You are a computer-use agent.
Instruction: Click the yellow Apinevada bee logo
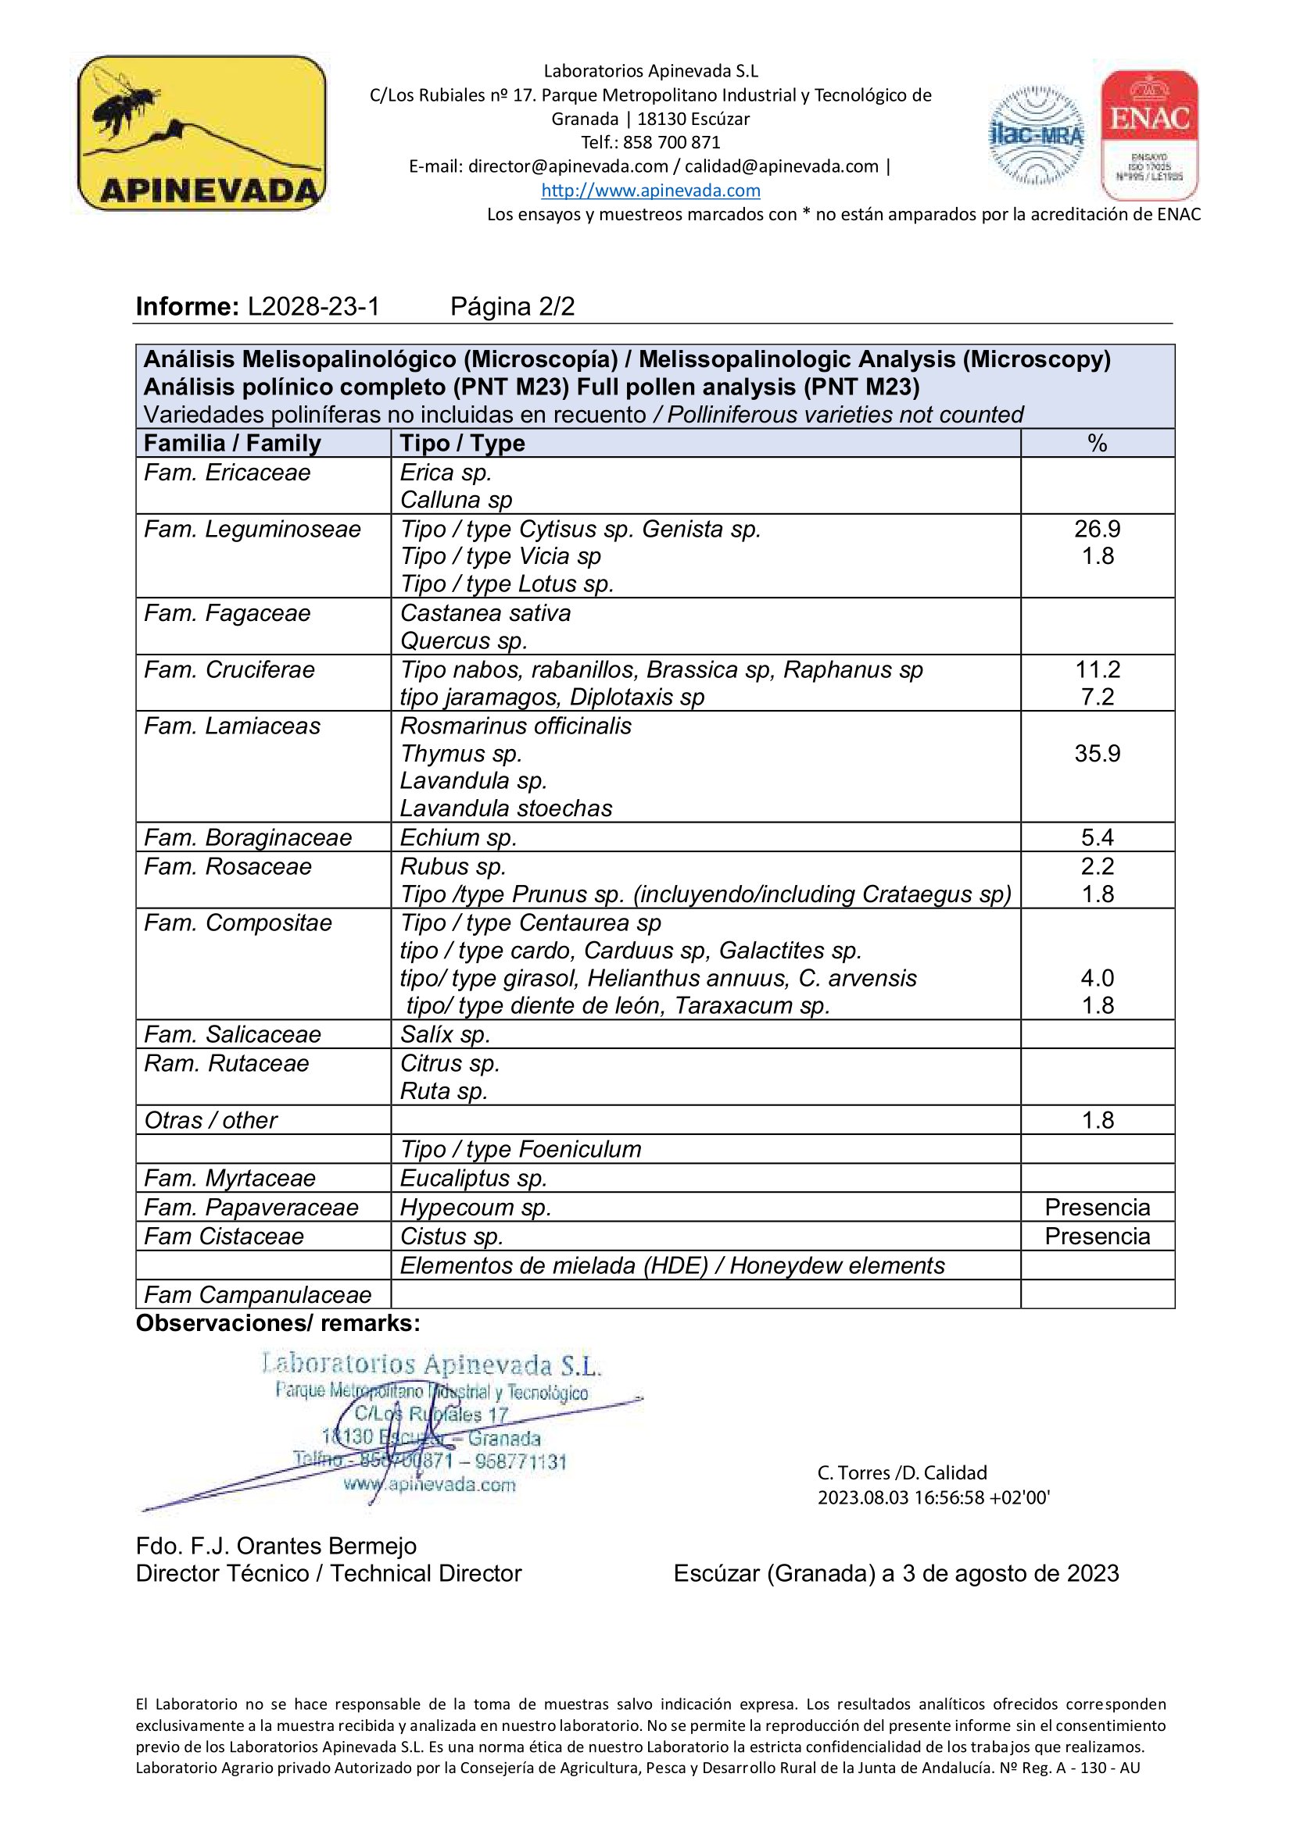point(202,133)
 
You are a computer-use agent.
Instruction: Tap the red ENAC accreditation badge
point(1149,134)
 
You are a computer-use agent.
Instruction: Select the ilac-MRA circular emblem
point(1036,135)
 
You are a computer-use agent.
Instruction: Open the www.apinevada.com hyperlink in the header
point(650,190)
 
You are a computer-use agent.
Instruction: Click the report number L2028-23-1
point(313,306)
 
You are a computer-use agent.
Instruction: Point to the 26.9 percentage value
point(1096,529)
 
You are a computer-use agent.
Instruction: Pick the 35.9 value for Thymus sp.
point(1096,754)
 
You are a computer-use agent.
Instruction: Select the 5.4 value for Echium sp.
point(1096,837)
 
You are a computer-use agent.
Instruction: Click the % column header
point(1096,443)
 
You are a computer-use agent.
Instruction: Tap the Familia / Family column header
point(231,443)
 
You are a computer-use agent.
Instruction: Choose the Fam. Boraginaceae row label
point(248,837)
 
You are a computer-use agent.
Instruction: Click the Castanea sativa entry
point(485,613)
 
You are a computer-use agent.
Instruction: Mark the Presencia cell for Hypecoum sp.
point(1096,1207)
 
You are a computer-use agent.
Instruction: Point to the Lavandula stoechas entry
point(506,808)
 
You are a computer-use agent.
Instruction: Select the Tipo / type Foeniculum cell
point(520,1149)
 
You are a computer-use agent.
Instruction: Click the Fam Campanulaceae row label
point(257,1294)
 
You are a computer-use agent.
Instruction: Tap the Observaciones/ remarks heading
point(278,1323)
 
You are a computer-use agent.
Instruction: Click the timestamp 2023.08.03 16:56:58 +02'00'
point(933,1497)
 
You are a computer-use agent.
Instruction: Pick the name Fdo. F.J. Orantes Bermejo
point(276,1546)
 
